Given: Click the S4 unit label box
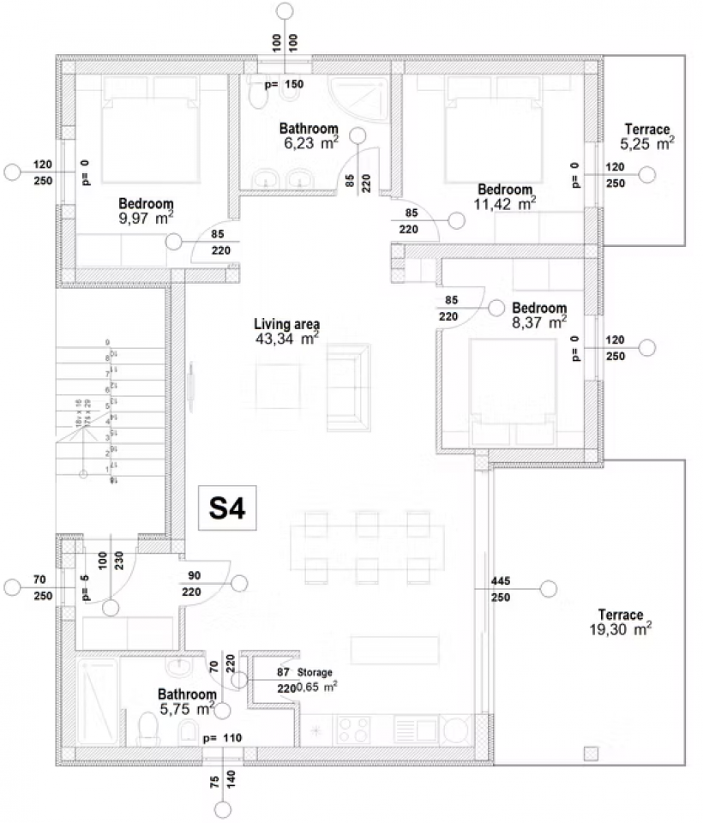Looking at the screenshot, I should click(228, 509).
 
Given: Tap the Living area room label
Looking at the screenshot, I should click(286, 324).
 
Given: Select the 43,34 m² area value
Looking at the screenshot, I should click(286, 339).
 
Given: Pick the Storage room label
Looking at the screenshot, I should click(315, 673).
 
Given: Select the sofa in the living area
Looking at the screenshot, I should click(349, 382).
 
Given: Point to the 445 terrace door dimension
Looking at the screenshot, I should click(501, 581).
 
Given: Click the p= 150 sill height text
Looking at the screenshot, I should click(284, 85).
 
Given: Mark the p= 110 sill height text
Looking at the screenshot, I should click(222, 738).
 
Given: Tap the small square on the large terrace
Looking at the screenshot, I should click(590, 754).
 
